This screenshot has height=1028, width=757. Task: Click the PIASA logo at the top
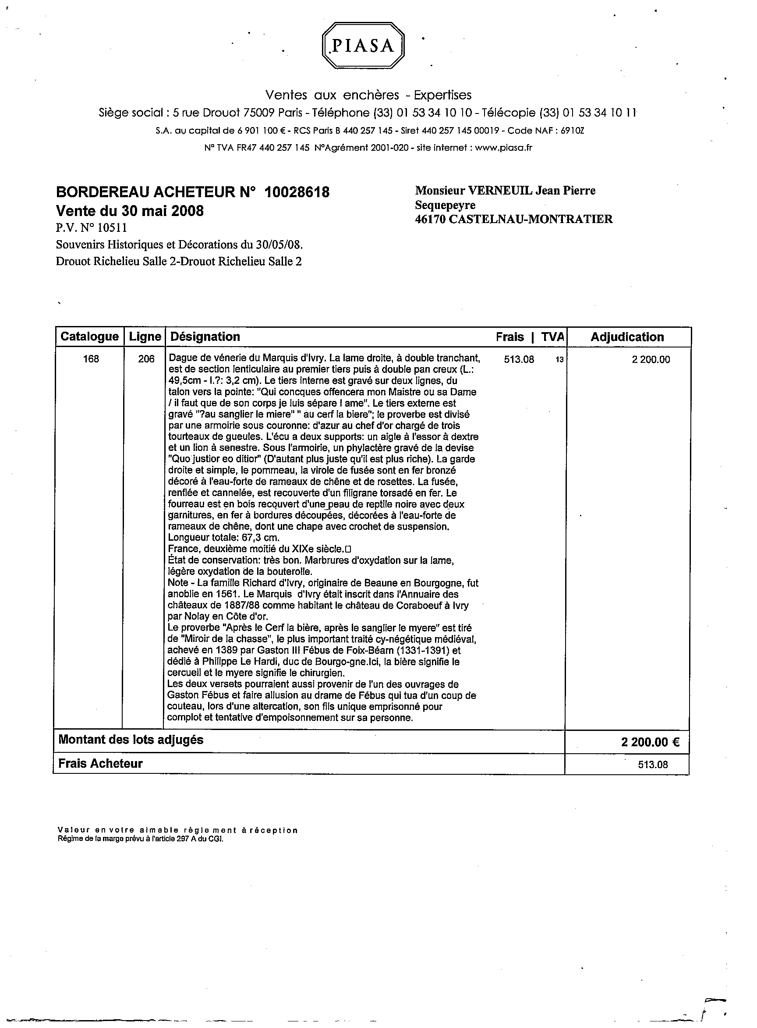(363, 46)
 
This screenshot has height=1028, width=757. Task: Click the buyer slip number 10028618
(297, 192)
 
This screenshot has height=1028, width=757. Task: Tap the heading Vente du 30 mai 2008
(130, 211)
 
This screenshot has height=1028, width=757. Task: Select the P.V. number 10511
(110, 228)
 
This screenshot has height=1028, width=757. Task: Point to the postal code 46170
(430, 219)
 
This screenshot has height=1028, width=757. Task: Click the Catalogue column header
(89, 337)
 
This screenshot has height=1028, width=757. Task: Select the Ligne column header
(145, 337)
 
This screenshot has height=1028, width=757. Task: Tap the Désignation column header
(205, 337)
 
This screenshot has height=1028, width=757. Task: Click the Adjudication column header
(627, 337)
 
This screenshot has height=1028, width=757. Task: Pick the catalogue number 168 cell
(91, 359)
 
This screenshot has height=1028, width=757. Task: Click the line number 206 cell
(146, 359)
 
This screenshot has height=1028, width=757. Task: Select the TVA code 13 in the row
(559, 360)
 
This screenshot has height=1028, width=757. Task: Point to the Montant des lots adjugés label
(131, 740)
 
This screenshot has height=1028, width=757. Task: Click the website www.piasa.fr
(503, 148)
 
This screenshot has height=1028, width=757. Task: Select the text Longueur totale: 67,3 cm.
(223, 538)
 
